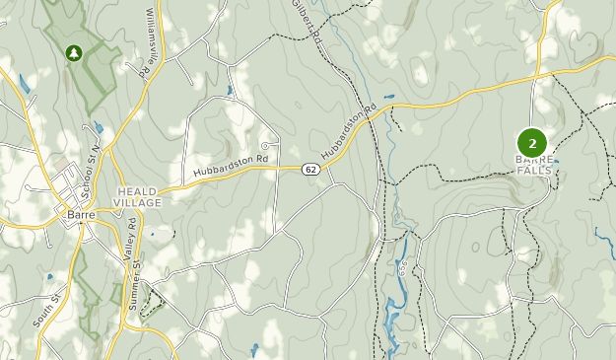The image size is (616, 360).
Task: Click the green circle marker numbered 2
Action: pos(532,143)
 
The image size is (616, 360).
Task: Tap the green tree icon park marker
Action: pos(73,52)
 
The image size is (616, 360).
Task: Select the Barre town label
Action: pos(80,211)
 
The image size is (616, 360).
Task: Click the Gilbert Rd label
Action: pos(307,20)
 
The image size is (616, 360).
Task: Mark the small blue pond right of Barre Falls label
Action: pos(557,162)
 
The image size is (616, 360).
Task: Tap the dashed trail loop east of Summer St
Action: pos(151,304)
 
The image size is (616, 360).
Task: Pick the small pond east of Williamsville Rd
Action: pos(229,92)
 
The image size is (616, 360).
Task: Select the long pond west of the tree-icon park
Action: pos(24,85)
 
